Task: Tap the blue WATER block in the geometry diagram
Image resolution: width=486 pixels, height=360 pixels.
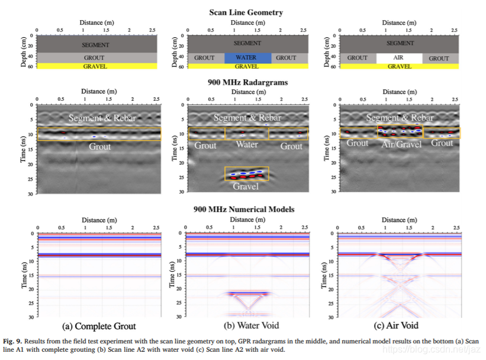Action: (x=247, y=58)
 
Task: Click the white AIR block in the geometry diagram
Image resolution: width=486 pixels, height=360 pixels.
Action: (x=398, y=58)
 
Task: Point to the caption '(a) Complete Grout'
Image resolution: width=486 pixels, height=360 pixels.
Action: (x=99, y=326)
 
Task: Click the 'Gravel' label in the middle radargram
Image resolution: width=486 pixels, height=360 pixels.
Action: (x=246, y=186)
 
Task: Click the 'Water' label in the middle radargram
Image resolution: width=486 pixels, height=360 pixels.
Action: (x=247, y=144)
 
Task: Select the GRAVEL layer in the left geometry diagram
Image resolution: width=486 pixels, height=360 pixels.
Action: (x=97, y=66)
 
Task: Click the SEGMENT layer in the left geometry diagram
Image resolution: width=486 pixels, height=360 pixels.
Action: (x=97, y=44)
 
